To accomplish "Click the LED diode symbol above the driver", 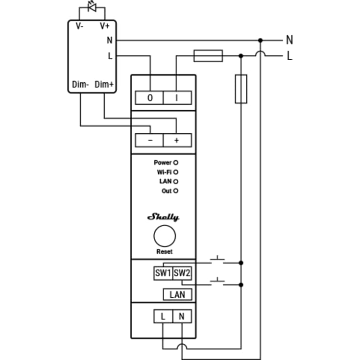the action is (x=92, y=7).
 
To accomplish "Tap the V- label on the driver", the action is (x=79, y=26).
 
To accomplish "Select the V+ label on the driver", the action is (x=105, y=26).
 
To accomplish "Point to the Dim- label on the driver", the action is (x=80, y=84).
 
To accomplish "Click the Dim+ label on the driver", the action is (x=104, y=84).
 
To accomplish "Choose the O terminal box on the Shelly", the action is (x=149, y=98).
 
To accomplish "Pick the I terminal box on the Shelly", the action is (x=177, y=98).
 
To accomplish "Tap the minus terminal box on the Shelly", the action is (x=149, y=140).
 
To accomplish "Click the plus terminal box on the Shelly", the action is (x=177, y=140).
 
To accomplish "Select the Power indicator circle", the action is (x=176, y=163).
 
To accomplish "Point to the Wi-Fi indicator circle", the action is (x=176, y=172).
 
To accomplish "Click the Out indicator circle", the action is (x=176, y=191).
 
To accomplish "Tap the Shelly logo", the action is (x=163, y=217).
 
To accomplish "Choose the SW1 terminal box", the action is (x=163, y=273).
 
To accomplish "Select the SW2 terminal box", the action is (x=182, y=273).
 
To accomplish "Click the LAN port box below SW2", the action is (x=177, y=294).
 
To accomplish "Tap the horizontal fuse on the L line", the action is (x=208, y=56).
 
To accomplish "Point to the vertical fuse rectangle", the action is (x=241, y=89).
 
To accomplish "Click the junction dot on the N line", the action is (x=260, y=40).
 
